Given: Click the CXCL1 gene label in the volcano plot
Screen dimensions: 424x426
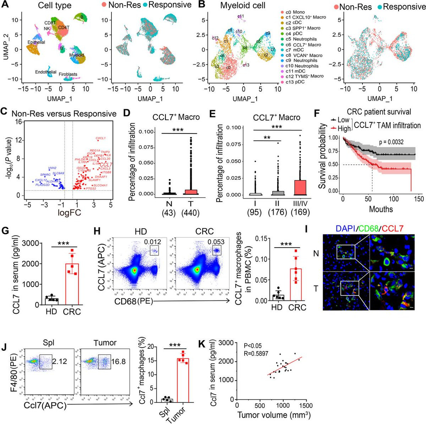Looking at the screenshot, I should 101,138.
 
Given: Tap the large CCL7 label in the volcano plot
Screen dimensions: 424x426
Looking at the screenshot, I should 106,165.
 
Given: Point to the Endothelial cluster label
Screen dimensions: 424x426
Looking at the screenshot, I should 45,72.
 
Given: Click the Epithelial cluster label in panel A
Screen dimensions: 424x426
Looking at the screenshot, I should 36,42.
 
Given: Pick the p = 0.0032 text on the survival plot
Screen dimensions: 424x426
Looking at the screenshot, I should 392,142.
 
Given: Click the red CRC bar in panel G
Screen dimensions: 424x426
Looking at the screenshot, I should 72,284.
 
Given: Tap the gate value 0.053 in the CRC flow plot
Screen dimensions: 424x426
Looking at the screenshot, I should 216,242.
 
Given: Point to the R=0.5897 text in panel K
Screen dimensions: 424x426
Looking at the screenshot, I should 256,353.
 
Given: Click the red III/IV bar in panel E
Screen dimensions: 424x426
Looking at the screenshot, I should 300,187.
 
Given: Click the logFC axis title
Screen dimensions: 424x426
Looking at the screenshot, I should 70,213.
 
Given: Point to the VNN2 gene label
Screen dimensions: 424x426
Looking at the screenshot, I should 52,168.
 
